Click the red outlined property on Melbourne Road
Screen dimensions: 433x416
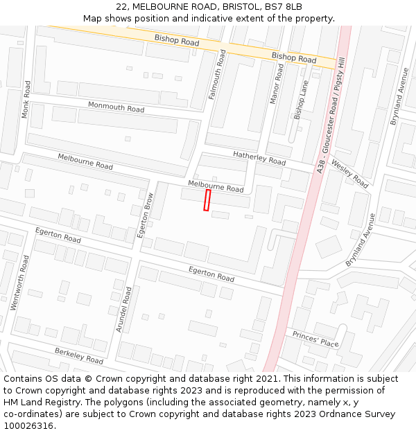point(207,200)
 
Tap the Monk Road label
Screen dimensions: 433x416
point(26,99)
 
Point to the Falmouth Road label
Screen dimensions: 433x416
point(217,74)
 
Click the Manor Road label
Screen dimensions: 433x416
point(277,83)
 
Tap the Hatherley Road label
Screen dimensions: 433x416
point(259,158)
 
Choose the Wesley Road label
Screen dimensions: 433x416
point(351,173)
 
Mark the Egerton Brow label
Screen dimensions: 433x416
point(146,215)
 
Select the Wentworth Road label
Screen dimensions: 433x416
point(19,282)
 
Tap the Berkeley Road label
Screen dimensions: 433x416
point(79,356)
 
